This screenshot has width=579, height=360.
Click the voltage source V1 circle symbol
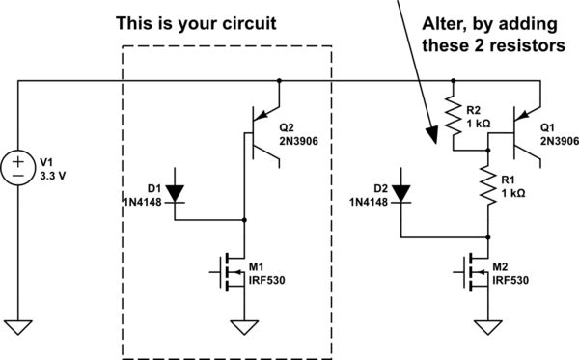[x=19, y=165]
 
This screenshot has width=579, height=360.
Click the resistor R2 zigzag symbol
[x=452, y=117]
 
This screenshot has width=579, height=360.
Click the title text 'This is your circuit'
[x=196, y=21]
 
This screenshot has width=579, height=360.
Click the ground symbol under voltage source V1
[x=19, y=325]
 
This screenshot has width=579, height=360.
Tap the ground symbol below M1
[x=245, y=325]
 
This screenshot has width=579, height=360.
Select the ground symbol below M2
[x=488, y=325]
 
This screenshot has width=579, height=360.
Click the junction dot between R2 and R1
[x=488, y=151]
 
